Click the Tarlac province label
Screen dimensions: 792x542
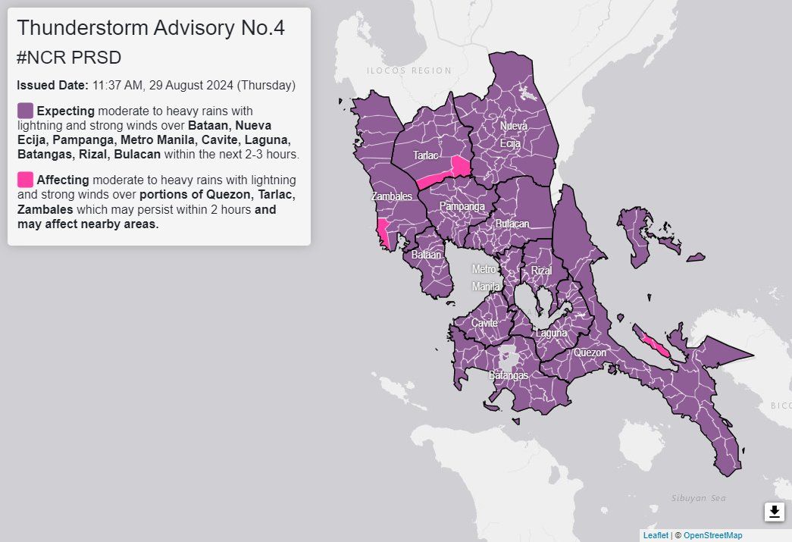pos(425,155)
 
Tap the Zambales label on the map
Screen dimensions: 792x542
pos(392,196)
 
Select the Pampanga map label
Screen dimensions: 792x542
pos(462,206)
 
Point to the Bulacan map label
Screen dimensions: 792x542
pos(512,224)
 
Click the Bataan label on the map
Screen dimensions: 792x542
pos(426,255)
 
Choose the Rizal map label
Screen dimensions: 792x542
pos(541,271)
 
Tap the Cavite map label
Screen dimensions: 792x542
pos(484,323)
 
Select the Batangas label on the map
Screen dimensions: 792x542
pos(508,375)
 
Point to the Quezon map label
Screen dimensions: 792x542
pos(590,352)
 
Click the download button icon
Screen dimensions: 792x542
pos(774,512)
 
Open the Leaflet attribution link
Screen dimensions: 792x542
pos(656,535)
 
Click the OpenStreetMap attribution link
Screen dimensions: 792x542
pos(712,535)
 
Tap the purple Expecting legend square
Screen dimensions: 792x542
pos(25,111)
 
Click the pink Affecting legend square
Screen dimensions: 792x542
pos(25,180)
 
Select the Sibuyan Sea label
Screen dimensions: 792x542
pos(698,498)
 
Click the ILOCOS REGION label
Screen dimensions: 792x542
pos(409,70)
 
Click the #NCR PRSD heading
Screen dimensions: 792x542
pos(69,58)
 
